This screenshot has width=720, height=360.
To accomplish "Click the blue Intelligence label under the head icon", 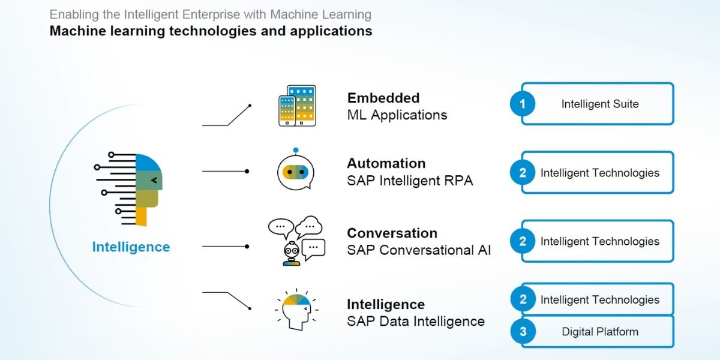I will [131, 247].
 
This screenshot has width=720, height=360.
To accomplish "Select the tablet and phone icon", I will [297, 106].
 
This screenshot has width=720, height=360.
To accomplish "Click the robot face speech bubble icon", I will [296, 170].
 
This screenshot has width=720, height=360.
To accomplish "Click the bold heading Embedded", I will [383, 98].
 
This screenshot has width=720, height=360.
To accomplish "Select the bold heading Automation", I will [386, 163].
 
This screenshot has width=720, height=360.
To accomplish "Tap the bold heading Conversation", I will [392, 233].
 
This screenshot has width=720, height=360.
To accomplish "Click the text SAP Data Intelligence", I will [415, 321].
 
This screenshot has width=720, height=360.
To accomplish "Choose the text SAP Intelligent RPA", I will [410, 180].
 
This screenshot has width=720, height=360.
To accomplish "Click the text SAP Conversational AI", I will [419, 250].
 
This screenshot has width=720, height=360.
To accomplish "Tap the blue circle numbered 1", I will [523, 104].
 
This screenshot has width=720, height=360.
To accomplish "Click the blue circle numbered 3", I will [523, 332].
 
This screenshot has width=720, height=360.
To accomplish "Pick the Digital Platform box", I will [599, 332].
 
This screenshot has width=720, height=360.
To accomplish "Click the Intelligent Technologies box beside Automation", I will [599, 173].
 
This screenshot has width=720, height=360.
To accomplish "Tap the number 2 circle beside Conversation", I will [523, 241].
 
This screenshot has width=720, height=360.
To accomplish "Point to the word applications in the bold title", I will [331, 31].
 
